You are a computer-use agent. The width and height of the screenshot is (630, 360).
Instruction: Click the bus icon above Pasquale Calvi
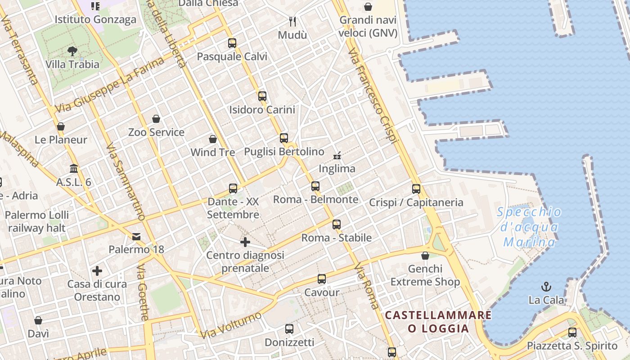pos(232,43)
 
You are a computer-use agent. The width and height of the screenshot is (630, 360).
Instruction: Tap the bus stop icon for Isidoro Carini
pos(262,96)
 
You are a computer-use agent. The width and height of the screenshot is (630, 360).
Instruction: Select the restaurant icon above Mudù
pos(292,21)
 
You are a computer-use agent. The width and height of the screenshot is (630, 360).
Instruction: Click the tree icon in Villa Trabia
pos(72,51)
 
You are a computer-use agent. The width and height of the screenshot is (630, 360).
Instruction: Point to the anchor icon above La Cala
pos(546,287)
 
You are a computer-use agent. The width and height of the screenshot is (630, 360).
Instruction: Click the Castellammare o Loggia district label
pos(438,321)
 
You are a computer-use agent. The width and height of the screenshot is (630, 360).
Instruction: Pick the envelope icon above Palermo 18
pos(136,236)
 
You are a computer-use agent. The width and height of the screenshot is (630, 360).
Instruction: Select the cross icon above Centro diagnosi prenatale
pos(245,243)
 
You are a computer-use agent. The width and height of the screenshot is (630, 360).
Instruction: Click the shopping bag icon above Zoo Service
pos(156,119)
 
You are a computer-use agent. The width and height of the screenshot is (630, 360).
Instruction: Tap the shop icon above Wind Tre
pos(213,139)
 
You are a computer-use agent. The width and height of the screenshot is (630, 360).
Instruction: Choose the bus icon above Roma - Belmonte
pos(315,186)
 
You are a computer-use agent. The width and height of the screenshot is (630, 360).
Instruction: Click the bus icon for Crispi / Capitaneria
pos(416,189)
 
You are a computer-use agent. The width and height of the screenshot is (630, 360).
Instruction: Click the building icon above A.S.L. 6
pos(74,169)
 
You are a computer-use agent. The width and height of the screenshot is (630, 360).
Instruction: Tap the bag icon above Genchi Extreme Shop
pos(425,256)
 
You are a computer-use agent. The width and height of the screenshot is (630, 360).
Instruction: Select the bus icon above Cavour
pos(322,279)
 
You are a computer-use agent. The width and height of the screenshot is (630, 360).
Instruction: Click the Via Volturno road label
pos(231,325)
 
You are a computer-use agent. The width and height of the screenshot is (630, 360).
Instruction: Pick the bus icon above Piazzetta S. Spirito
pos(572,333)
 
